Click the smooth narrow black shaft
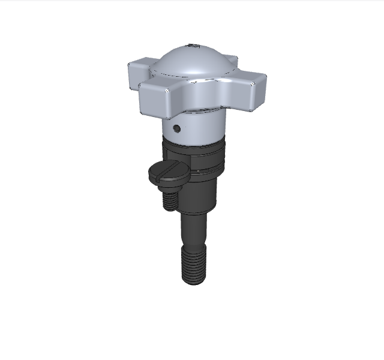coord(194,231)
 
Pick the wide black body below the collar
coord(201,192)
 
